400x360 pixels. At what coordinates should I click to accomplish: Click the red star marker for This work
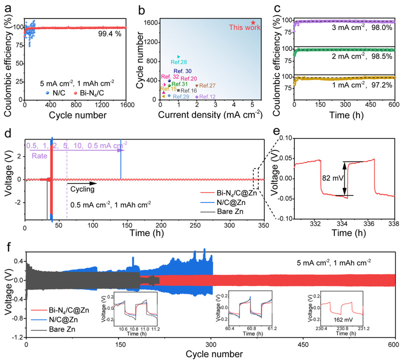[253, 22]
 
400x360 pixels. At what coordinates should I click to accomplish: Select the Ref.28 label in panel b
[179, 62]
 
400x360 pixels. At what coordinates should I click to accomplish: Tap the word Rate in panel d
[40, 156]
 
